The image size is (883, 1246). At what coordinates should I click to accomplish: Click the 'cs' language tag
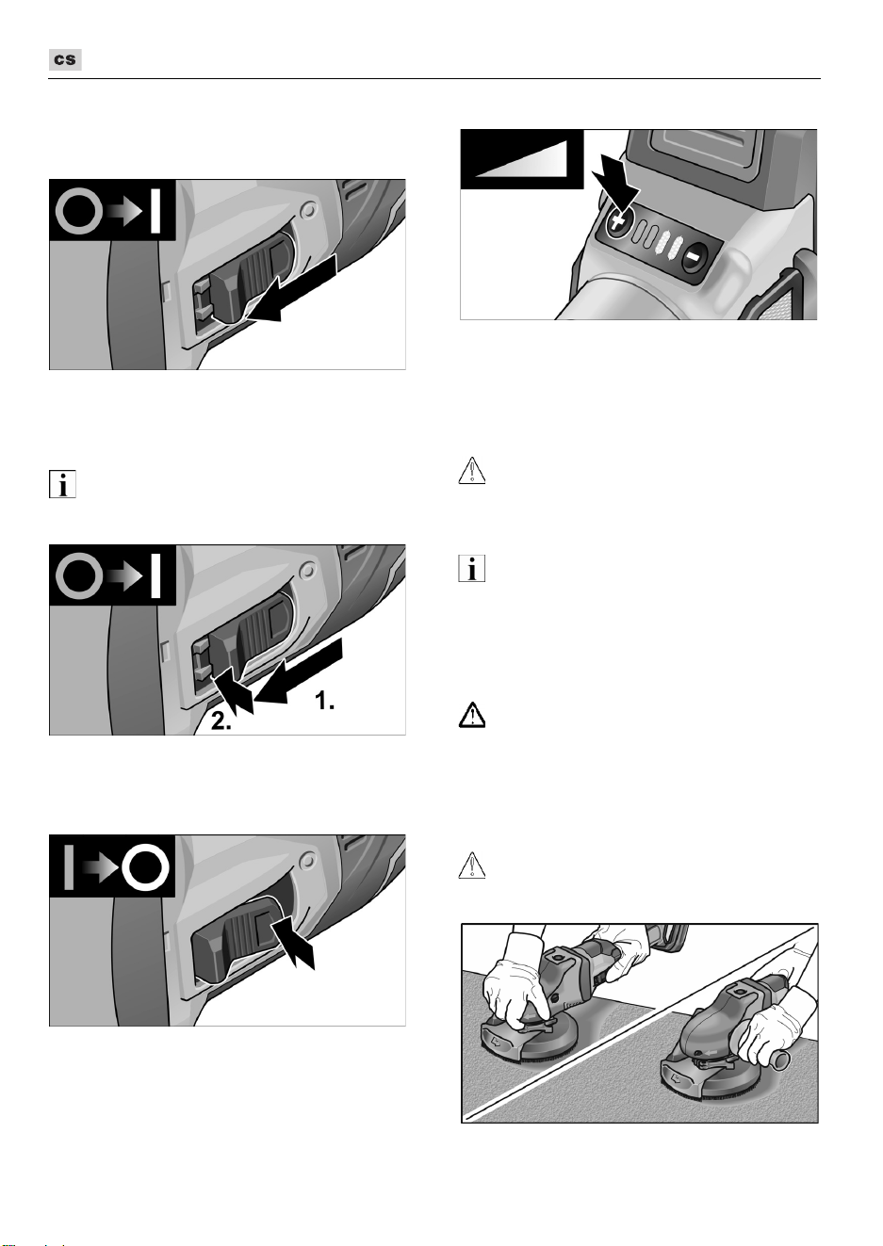(x=65, y=59)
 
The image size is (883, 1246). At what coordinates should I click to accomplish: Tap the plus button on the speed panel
(x=617, y=223)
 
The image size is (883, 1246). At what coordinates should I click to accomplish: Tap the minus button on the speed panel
(x=694, y=257)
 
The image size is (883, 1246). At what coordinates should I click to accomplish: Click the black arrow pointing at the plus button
(x=616, y=177)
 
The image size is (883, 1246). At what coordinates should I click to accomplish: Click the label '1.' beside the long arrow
(x=324, y=701)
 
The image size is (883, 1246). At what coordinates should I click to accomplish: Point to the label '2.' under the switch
(x=221, y=720)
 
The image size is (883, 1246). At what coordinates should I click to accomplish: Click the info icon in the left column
(x=62, y=484)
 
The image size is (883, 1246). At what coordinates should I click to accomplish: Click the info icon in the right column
(x=472, y=569)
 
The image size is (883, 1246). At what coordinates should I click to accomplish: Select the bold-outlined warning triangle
(x=472, y=716)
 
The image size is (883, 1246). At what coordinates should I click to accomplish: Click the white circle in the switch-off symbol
(x=145, y=867)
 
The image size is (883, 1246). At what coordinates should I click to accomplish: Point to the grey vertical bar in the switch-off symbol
(x=69, y=867)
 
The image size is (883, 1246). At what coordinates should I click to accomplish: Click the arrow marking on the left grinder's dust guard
(x=498, y=1044)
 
